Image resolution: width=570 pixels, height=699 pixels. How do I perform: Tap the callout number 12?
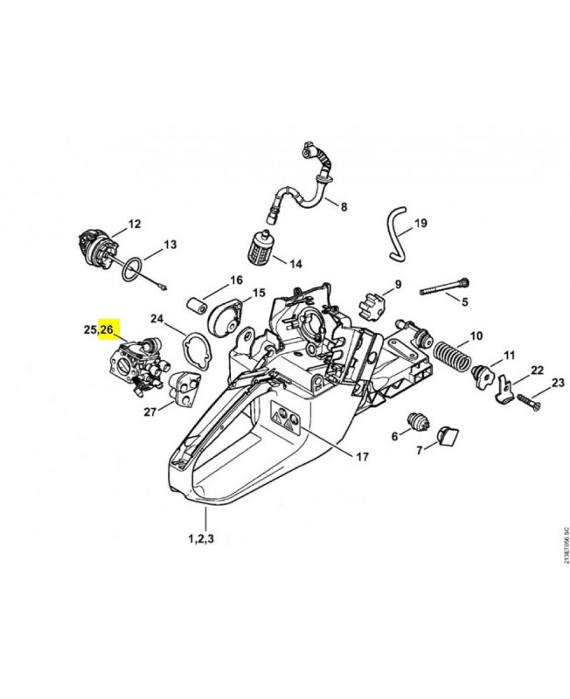(x=134, y=225)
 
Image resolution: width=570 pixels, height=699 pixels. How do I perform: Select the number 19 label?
(x=421, y=224)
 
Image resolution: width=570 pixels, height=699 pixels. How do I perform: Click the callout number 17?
(x=362, y=455)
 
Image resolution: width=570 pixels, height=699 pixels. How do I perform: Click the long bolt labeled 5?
(x=445, y=288)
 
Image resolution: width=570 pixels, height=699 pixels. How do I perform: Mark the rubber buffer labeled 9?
(x=372, y=308)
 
